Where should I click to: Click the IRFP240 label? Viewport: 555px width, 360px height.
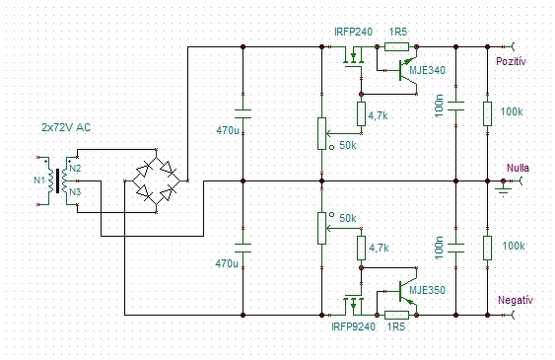[353, 32]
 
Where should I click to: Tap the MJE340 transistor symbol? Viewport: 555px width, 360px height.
[408, 71]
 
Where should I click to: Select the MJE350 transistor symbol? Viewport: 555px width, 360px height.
[408, 291]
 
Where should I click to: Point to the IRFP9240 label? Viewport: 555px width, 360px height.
[353, 326]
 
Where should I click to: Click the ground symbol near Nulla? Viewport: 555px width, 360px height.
[504, 187]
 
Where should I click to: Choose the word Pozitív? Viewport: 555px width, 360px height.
[511, 61]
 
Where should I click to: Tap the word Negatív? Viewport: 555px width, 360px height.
[515, 300]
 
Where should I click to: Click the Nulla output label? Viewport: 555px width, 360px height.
[518, 168]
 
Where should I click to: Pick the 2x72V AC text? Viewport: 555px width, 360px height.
[66, 127]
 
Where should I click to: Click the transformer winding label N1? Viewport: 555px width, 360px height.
[38, 180]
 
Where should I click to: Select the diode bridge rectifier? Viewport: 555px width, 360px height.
[156, 180]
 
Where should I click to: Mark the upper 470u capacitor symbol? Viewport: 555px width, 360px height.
[243, 114]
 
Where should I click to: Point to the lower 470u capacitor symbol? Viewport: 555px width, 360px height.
[243, 248]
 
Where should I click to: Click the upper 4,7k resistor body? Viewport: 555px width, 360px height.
[361, 113]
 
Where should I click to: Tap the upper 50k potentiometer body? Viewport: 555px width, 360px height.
[321, 134]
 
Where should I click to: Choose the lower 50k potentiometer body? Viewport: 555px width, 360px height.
[321, 228]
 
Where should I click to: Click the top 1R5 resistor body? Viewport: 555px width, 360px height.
[396, 46]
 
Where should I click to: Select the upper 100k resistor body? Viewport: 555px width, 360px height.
[487, 113]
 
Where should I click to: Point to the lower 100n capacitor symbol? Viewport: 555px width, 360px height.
[455, 248]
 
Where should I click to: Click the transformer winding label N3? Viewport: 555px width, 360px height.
[75, 192]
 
